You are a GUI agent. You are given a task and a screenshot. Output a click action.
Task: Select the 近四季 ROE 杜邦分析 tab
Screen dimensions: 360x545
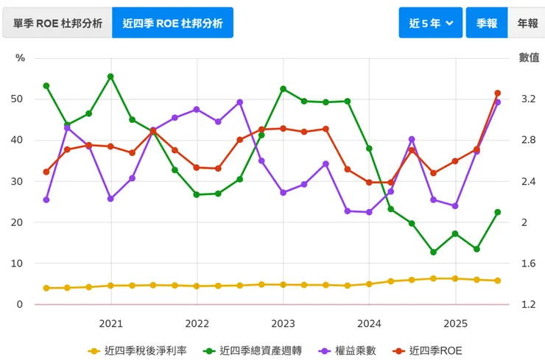(x=172, y=23)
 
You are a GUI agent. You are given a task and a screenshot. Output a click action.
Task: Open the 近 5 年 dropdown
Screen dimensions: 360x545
(x=430, y=23)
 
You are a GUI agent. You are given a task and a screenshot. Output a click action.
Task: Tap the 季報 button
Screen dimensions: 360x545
(x=486, y=23)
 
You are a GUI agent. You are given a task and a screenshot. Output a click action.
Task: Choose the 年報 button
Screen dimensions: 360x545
(x=527, y=23)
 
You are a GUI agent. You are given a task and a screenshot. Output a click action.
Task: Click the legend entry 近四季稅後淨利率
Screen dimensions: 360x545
(x=137, y=351)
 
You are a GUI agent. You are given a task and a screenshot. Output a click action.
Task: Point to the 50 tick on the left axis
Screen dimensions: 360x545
(x=18, y=99)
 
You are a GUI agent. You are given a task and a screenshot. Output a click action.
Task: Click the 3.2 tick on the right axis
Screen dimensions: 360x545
(x=528, y=99)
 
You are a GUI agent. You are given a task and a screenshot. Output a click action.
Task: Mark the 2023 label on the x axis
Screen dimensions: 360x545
(x=283, y=322)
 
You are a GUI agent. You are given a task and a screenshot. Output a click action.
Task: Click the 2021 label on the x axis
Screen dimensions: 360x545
(x=110, y=322)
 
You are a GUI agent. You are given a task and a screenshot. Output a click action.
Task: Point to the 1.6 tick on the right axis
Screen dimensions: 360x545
(x=528, y=264)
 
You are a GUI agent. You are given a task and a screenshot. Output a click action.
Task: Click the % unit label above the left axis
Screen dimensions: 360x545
(x=20, y=57)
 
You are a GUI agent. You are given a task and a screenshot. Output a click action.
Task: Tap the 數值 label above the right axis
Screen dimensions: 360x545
(x=529, y=57)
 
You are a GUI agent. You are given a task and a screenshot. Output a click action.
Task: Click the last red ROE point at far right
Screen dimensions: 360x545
(x=498, y=93)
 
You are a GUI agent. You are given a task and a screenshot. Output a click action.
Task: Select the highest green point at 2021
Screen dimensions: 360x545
(x=110, y=77)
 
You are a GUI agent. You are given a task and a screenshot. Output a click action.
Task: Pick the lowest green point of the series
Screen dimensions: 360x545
(x=433, y=253)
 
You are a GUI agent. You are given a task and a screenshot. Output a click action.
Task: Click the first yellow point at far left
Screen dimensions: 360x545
(x=46, y=288)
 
